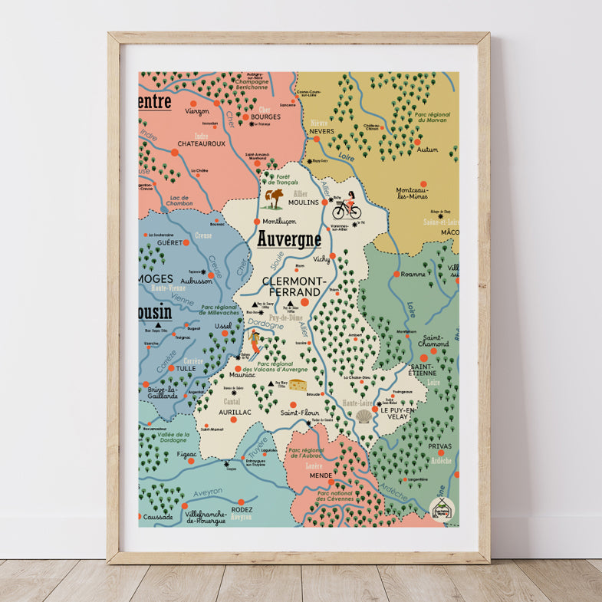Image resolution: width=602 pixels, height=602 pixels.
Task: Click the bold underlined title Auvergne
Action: coord(289,240)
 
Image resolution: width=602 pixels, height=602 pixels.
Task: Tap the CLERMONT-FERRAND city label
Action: coord(291,287)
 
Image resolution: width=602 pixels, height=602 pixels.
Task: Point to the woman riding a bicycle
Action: coord(347,205)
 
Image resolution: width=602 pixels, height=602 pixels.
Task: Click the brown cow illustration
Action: coord(274,199)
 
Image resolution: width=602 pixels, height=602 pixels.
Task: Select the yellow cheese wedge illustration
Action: coord(296,384)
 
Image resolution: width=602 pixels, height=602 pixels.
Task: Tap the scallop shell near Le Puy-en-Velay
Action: coord(364,416)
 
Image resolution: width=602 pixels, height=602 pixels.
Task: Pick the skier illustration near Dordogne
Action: coord(254,342)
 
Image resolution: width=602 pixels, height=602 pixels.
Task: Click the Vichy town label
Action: coord(322,259)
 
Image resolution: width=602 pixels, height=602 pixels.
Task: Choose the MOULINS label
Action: coord(303,202)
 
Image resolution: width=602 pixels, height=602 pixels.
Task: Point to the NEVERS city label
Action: coord(321,131)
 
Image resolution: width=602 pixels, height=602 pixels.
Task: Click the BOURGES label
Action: coord(266,117)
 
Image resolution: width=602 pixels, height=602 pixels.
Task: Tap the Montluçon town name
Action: coord(279,221)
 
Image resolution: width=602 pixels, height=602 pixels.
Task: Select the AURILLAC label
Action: coord(235,413)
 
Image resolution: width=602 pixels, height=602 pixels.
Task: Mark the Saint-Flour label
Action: coord(299,413)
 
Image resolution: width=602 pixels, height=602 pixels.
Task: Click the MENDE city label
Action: coord(321,475)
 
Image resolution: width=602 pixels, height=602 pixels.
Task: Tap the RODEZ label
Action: coord(242,509)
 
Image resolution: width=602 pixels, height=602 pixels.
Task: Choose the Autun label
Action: coord(428,150)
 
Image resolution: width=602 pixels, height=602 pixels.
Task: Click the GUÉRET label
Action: coord(169,242)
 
